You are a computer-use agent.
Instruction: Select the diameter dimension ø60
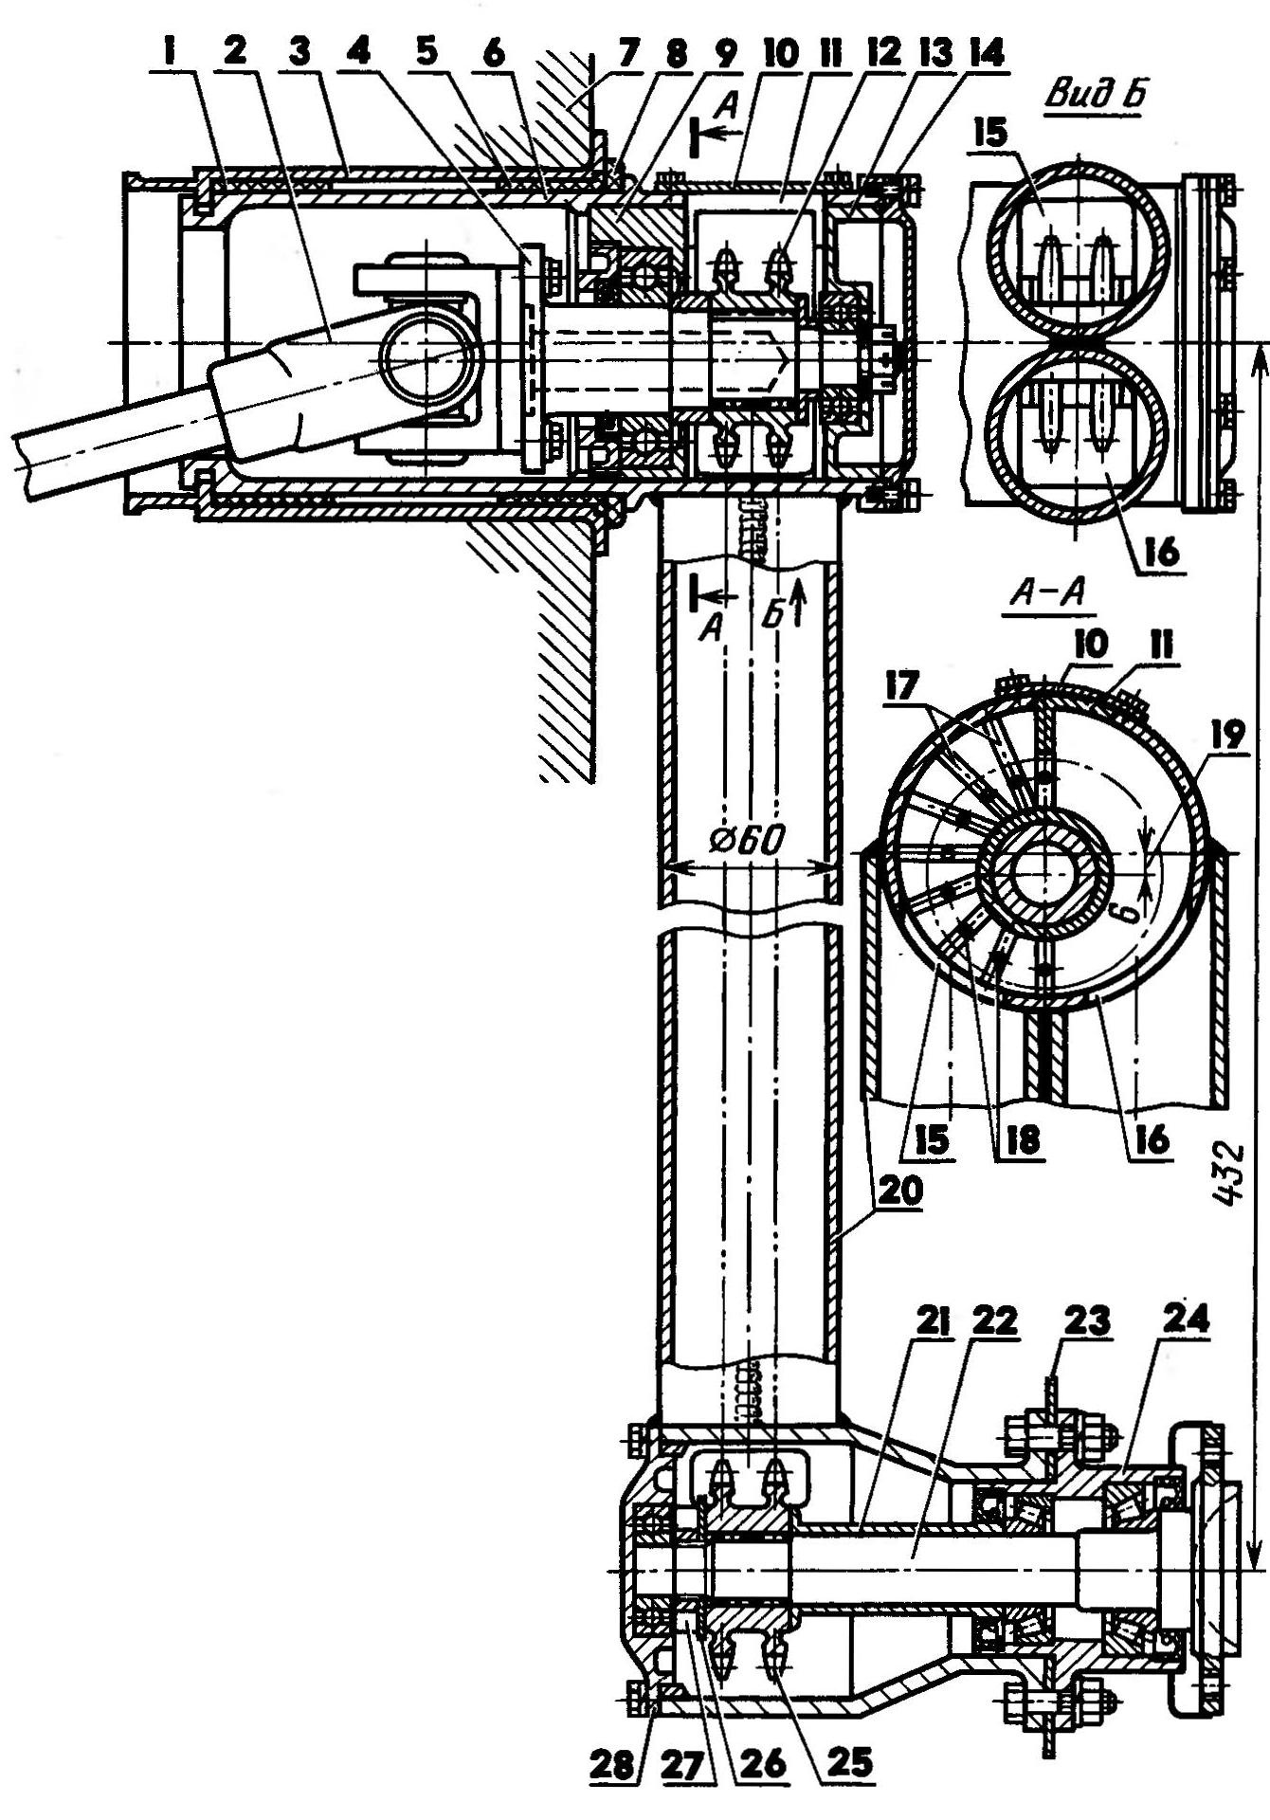click(x=749, y=840)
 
